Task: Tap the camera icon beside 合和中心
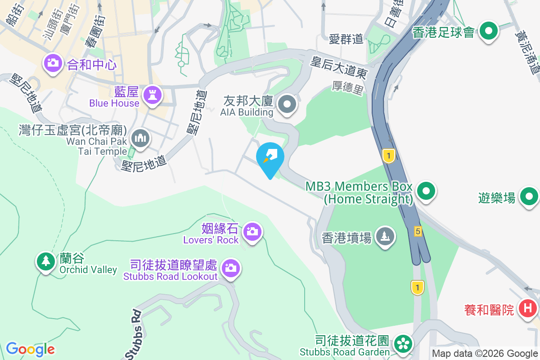(53, 63)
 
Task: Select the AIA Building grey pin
(287, 105)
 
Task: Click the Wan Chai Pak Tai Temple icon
(139, 138)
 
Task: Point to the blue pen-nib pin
(270, 158)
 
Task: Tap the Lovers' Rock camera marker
(252, 232)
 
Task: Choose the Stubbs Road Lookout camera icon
(231, 268)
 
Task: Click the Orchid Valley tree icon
(45, 261)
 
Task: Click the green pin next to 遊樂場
(529, 197)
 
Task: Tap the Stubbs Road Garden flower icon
(402, 344)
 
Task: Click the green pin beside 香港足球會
(488, 31)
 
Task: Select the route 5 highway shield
(418, 231)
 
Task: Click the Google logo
(30, 349)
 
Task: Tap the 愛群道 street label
(346, 39)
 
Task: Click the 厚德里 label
(348, 88)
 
